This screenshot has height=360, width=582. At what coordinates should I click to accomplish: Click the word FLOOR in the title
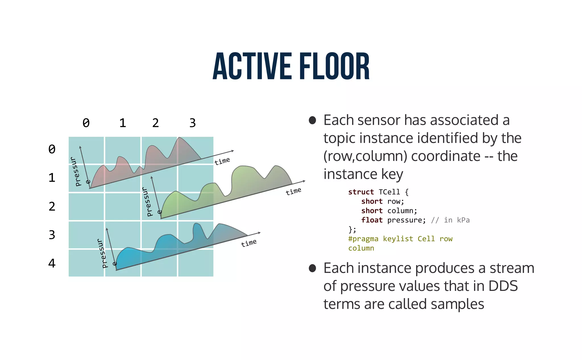click(334, 67)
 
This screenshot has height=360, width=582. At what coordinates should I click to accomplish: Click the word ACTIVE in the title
click(252, 67)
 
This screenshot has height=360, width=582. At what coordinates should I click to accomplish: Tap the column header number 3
click(192, 123)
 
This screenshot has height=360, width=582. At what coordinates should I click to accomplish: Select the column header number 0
click(86, 123)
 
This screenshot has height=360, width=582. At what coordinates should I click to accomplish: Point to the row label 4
click(52, 263)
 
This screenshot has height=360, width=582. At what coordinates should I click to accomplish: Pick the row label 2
click(52, 206)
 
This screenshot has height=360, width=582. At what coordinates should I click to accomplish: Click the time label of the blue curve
click(249, 243)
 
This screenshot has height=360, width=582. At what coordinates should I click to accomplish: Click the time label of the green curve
click(293, 191)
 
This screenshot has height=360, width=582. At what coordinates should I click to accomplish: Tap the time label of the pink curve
click(222, 161)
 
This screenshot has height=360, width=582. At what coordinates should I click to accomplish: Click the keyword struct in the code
click(361, 192)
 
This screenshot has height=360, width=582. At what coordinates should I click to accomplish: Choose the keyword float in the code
click(372, 220)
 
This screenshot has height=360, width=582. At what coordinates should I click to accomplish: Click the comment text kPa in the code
click(463, 220)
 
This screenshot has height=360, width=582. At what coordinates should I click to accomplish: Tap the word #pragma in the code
click(363, 239)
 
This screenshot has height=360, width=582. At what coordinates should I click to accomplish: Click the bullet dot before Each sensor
click(312, 120)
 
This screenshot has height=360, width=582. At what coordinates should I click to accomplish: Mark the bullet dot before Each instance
click(312, 268)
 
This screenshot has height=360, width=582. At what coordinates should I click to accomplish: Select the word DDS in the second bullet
click(503, 286)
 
